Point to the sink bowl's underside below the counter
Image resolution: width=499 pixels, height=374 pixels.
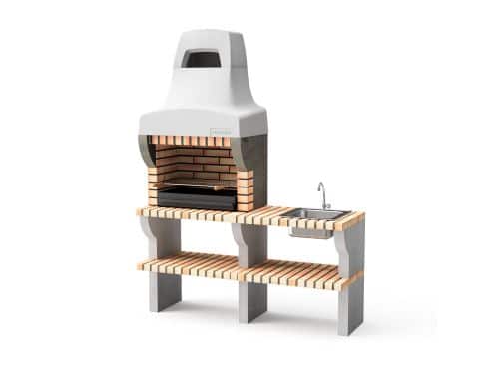point(309,231)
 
